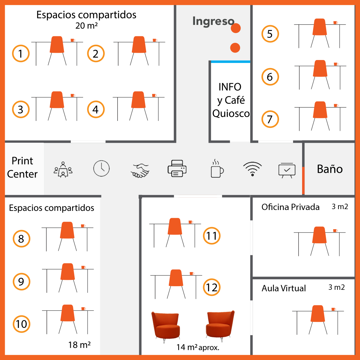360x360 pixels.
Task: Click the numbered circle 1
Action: point(21,54)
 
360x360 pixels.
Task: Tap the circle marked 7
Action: point(270,119)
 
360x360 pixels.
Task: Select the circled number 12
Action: point(211,287)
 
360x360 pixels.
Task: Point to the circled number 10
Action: point(21,324)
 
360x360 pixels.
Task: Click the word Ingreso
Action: point(213,21)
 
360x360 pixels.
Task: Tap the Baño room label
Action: point(330,169)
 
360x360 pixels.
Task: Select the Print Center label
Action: point(22,167)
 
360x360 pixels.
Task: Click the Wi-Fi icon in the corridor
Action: point(252,169)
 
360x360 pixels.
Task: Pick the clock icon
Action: point(101,168)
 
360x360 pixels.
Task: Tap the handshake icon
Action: point(140,170)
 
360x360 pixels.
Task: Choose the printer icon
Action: point(177,169)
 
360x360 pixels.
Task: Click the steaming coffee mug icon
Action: point(217,169)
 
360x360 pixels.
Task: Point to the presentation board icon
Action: point(287,170)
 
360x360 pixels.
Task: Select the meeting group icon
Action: point(63,170)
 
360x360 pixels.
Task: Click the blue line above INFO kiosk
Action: point(230,62)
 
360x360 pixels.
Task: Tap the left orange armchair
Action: point(166,325)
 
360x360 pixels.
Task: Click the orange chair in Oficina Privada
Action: point(319,235)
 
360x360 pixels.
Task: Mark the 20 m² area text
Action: point(86,26)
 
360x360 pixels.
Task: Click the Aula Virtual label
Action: point(284,288)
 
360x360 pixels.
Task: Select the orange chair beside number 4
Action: point(139,100)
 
